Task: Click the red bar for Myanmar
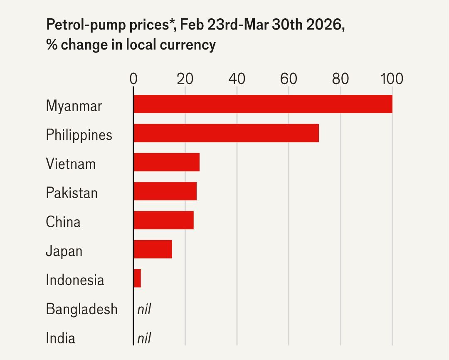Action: (x=263, y=104)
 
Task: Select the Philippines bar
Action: (x=226, y=133)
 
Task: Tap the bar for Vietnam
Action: (x=166, y=162)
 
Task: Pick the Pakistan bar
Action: (x=165, y=191)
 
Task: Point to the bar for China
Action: (x=163, y=221)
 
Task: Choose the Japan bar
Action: (x=153, y=249)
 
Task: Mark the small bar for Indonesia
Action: (x=137, y=278)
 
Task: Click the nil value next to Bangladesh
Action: (x=143, y=309)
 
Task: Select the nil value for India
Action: (x=143, y=338)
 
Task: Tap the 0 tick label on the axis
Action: (x=133, y=78)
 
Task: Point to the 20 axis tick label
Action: (x=185, y=78)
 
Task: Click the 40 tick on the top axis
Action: (x=237, y=78)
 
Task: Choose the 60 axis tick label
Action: (x=289, y=78)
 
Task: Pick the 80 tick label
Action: (x=340, y=78)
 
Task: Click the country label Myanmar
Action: (x=74, y=106)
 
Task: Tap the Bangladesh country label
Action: (x=81, y=309)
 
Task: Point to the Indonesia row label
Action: (x=75, y=280)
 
